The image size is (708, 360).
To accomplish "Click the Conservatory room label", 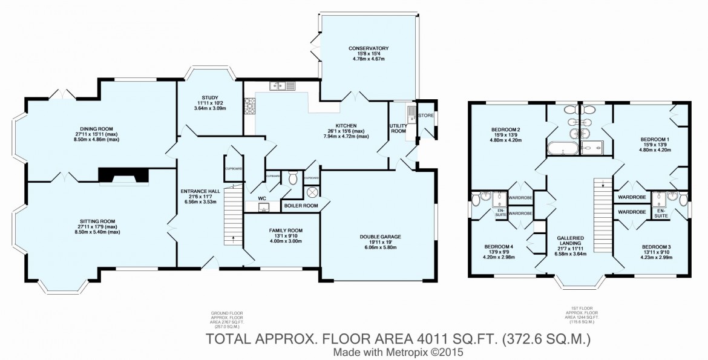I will click(x=368, y=48).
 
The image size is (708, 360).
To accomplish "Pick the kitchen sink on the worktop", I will click(x=283, y=87).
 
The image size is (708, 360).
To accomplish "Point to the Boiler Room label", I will click(x=301, y=206).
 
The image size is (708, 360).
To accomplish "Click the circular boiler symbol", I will click(x=313, y=192).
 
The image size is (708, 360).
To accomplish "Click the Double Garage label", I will click(x=380, y=237).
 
